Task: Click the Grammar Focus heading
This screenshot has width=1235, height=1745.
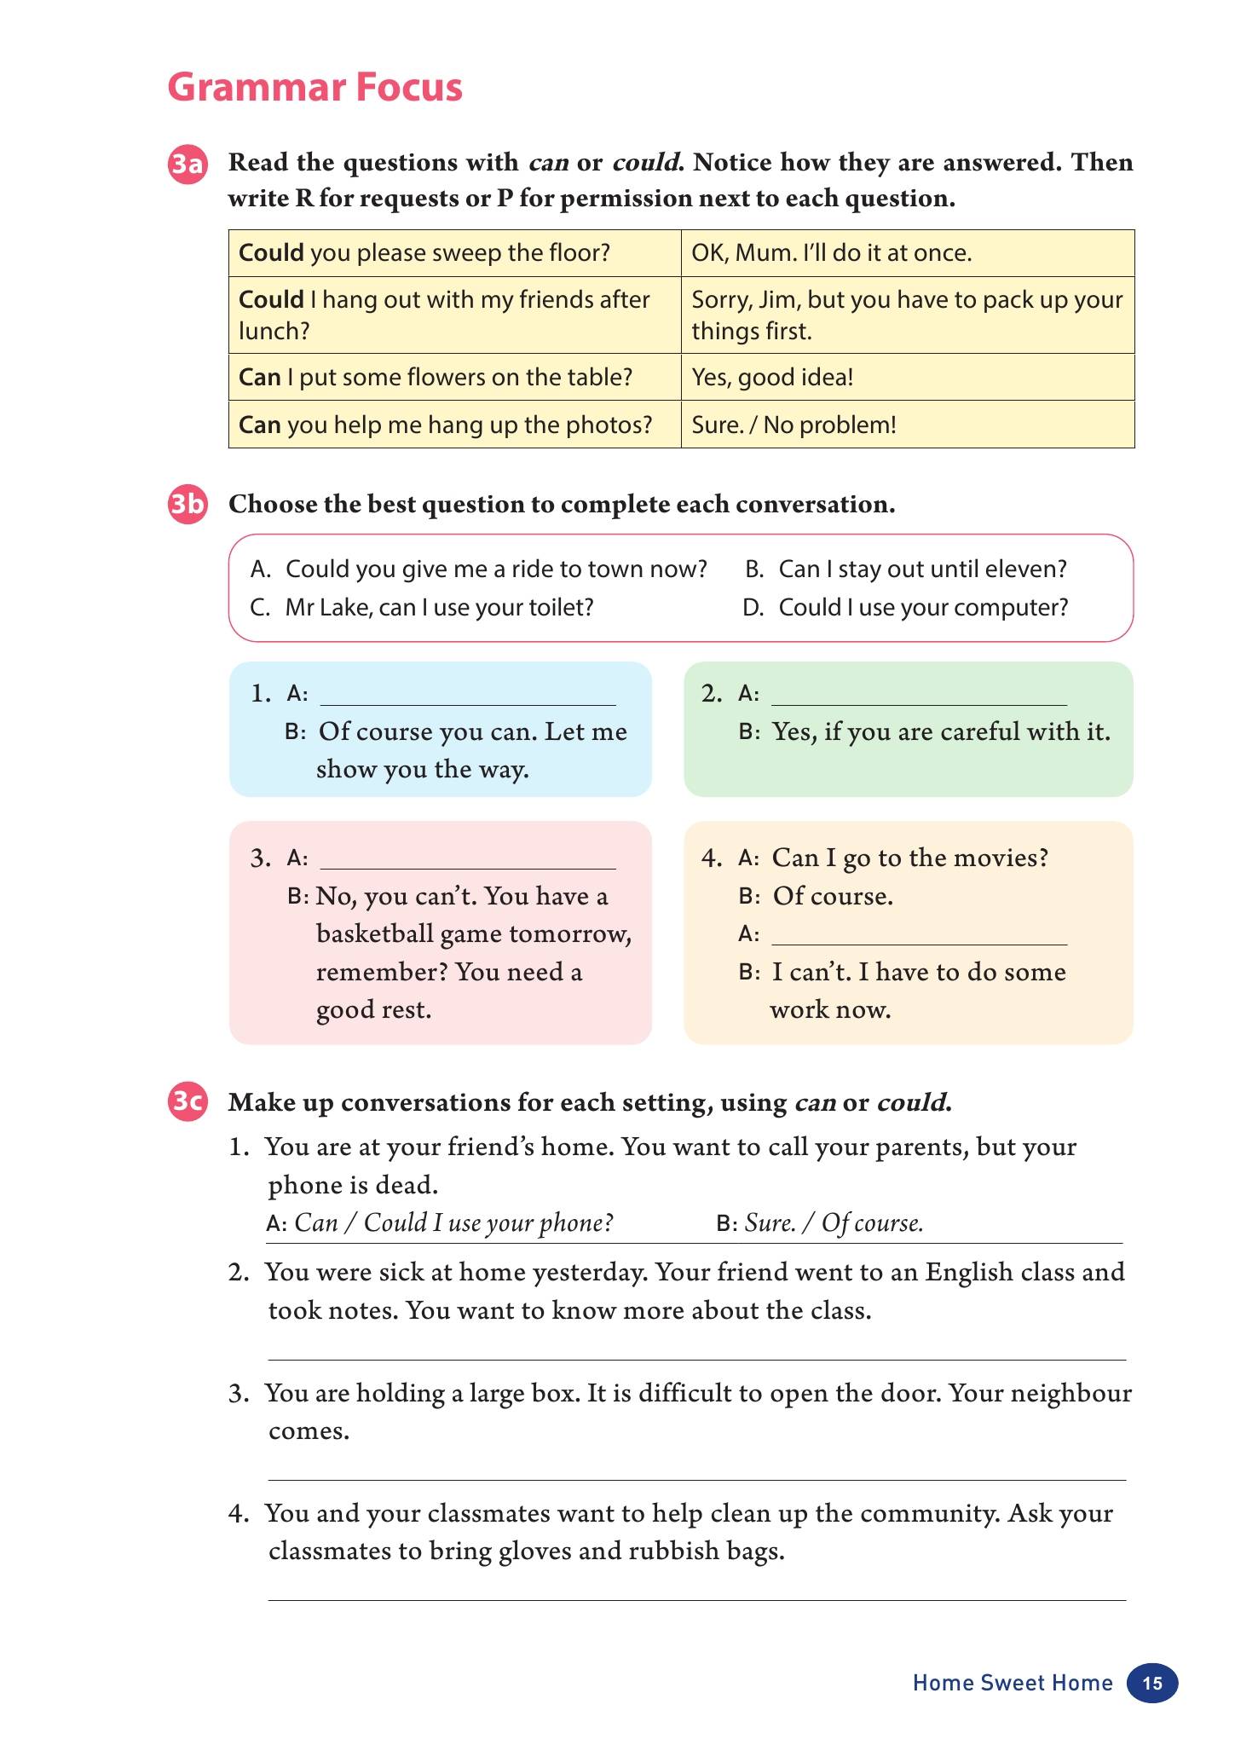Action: coord(315,88)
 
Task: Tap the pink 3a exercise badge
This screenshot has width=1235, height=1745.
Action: coord(188,164)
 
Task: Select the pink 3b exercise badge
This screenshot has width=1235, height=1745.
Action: coord(188,506)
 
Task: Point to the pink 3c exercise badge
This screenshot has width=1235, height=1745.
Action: coord(188,1103)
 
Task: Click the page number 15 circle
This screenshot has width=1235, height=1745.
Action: coord(1151,1683)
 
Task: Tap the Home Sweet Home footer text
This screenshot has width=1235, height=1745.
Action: coord(1012,1683)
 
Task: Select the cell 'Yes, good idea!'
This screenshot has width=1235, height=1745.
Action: coord(907,378)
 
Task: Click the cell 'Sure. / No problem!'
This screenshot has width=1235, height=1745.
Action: coord(907,425)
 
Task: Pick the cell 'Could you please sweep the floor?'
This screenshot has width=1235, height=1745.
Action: coord(454,253)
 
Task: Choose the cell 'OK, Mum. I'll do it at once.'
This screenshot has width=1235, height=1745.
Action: coord(907,253)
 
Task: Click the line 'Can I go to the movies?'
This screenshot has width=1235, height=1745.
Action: coord(909,858)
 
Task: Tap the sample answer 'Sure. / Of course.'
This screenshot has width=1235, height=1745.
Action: coord(834,1223)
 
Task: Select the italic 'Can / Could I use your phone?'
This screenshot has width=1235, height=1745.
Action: coord(453,1223)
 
